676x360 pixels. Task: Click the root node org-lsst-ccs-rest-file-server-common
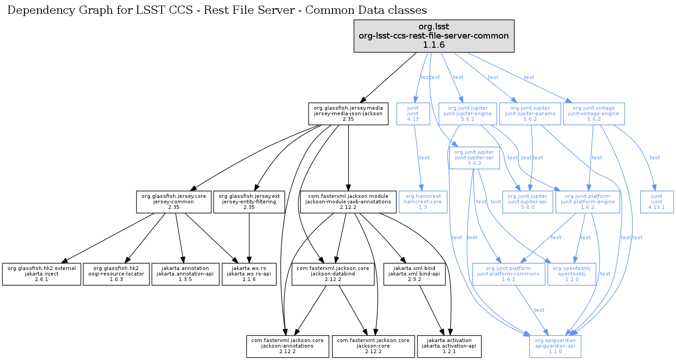click(434, 36)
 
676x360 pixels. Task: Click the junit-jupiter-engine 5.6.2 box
click(468, 113)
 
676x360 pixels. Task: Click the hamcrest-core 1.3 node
click(422, 202)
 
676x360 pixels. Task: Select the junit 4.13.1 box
click(657, 202)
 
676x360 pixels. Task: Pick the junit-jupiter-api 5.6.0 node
click(528, 202)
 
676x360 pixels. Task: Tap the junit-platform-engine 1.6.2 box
click(587, 202)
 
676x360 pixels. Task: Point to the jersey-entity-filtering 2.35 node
click(249, 202)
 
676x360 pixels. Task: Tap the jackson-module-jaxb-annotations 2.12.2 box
click(348, 202)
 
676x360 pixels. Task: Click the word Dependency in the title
click(35, 10)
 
